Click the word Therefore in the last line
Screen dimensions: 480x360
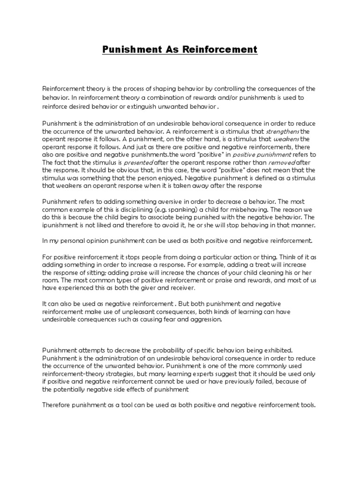point(58,405)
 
